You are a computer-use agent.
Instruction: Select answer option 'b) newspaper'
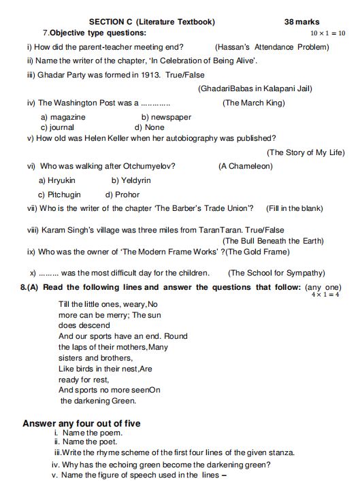point(166,117)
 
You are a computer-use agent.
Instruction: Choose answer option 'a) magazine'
point(63,117)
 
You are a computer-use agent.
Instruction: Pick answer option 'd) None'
point(150,127)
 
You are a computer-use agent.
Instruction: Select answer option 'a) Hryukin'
point(57,180)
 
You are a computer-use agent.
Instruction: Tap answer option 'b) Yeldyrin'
point(131,180)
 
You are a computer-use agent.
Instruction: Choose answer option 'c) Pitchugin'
point(60,195)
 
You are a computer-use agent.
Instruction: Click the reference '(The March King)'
point(254,103)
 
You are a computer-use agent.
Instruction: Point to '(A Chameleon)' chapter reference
point(246,166)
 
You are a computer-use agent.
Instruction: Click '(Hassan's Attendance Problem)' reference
point(272,47)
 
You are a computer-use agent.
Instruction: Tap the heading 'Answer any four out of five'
point(82,423)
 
